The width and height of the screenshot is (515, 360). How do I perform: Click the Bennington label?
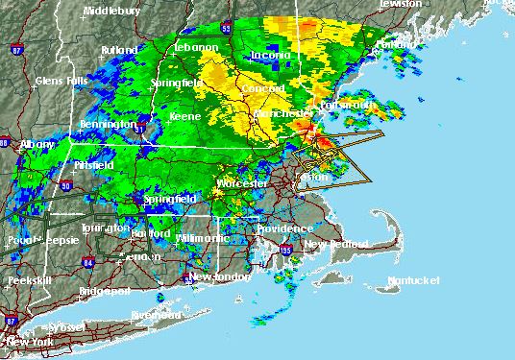[106, 125]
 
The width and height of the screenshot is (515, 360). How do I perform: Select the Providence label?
[283, 228]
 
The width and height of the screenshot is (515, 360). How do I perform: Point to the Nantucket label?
[413, 279]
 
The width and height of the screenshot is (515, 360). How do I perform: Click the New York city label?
[29, 341]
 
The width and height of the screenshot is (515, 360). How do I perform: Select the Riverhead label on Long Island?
[156, 315]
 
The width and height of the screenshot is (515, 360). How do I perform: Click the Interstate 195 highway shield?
[285, 251]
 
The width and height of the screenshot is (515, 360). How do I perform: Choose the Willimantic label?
[204, 237]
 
